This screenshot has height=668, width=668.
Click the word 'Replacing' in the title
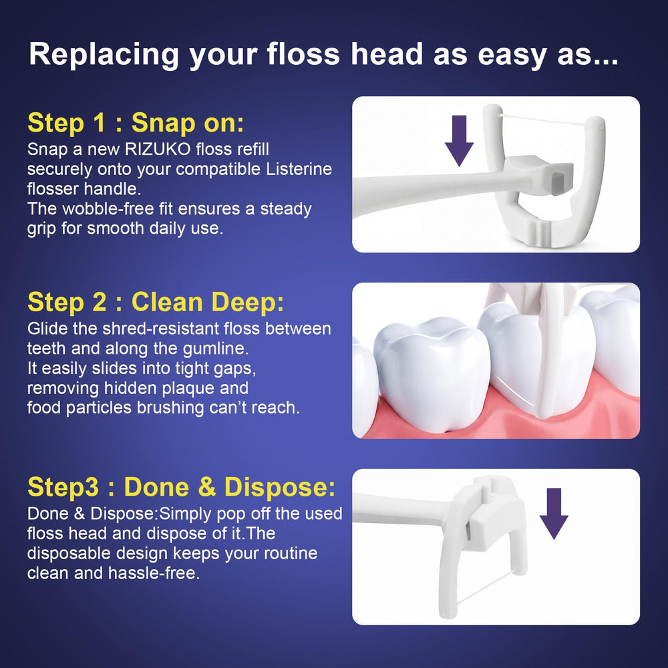click(104, 55)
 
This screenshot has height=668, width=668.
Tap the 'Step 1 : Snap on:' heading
click(136, 123)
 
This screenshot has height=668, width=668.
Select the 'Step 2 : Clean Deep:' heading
click(156, 302)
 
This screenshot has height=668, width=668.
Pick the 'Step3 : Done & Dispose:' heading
click(182, 486)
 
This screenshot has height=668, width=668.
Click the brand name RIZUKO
click(158, 150)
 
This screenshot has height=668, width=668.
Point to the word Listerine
click(299, 169)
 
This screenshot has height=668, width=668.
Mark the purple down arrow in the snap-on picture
click(459, 140)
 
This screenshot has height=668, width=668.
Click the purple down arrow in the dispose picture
click(554, 514)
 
